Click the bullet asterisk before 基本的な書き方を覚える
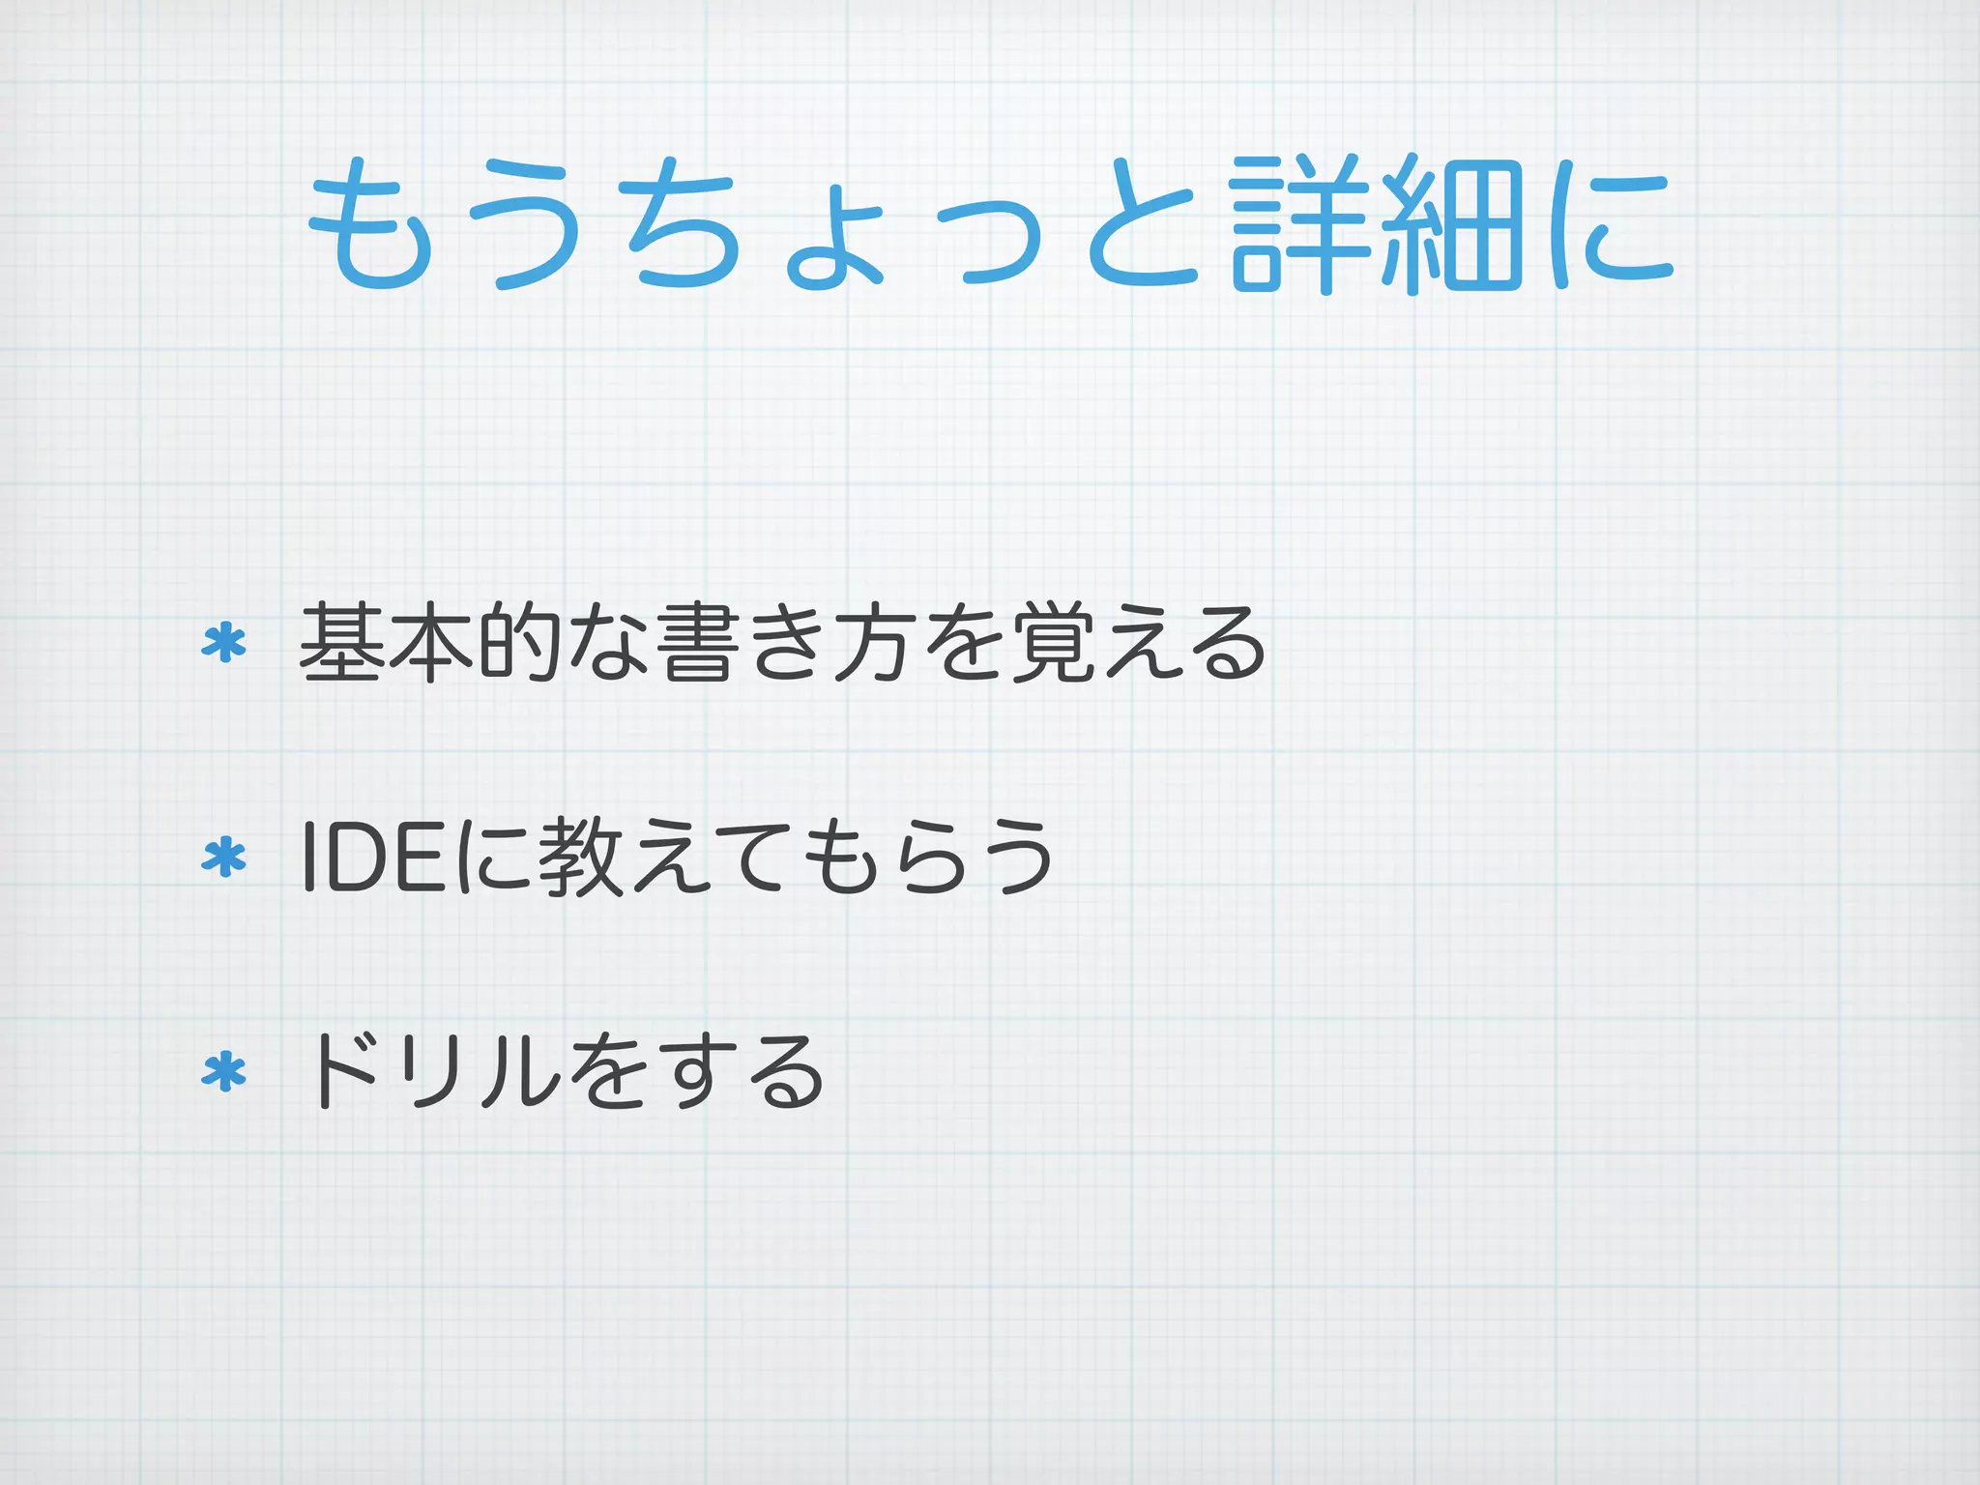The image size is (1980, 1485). click(x=223, y=643)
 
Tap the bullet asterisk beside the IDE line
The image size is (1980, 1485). click(x=223, y=858)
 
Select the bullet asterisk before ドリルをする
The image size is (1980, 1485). click(x=223, y=1072)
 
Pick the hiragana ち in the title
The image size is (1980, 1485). click(x=684, y=223)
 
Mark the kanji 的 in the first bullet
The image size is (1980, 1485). click(x=520, y=643)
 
